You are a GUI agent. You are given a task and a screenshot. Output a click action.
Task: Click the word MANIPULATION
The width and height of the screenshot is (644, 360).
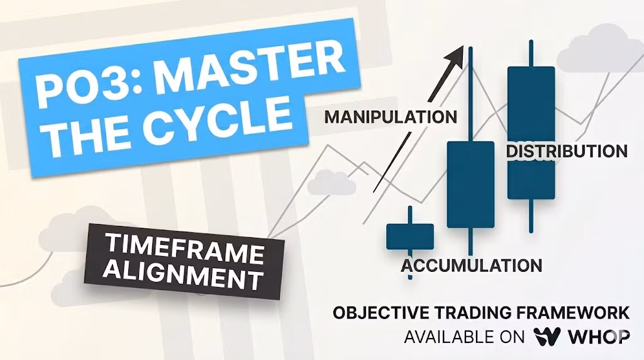(x=391, y=117)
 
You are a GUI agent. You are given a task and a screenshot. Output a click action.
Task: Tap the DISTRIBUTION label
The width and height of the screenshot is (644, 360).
(x=567, y=151)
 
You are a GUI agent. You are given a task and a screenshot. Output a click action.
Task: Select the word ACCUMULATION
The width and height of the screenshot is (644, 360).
(x=472, y=266)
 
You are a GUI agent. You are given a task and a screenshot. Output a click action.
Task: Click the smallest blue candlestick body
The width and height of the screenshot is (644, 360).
(x=410, y=237)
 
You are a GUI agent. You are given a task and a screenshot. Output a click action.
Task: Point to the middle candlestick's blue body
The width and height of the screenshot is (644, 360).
(x=470, y=184)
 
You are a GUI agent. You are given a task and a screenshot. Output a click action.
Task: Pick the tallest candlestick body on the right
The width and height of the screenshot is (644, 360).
(x=531, y=133)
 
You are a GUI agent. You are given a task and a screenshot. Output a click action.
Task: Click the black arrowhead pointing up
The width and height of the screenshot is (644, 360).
(x=455, y=57)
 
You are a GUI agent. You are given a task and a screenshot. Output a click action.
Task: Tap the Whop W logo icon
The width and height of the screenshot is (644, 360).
(x=547, y=337)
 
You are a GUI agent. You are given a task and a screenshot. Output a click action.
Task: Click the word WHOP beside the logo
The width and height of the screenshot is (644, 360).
(x=599, y=337)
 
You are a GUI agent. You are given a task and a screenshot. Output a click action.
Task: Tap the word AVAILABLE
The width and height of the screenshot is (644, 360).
(x=448, y=337)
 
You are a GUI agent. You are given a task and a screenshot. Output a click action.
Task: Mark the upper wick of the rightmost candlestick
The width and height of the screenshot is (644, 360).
(x=531, y=53)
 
